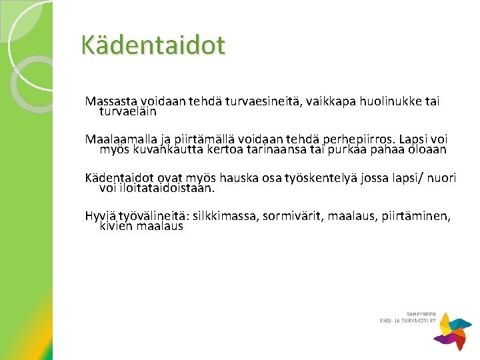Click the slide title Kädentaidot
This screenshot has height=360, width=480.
pos(153,45)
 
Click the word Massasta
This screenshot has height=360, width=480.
pos(111,101)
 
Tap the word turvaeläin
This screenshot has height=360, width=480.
pos(128,111)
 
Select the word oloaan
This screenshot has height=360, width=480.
pos(427,150)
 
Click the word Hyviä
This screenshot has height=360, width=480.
pos(101,217)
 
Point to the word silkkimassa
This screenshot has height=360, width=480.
pos(226,216)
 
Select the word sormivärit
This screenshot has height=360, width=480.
pos(293,216)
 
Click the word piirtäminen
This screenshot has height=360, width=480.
pos(416,217)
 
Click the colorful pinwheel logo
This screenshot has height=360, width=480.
pos(453,331)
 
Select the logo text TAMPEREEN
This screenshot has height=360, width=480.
pos(421,314)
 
